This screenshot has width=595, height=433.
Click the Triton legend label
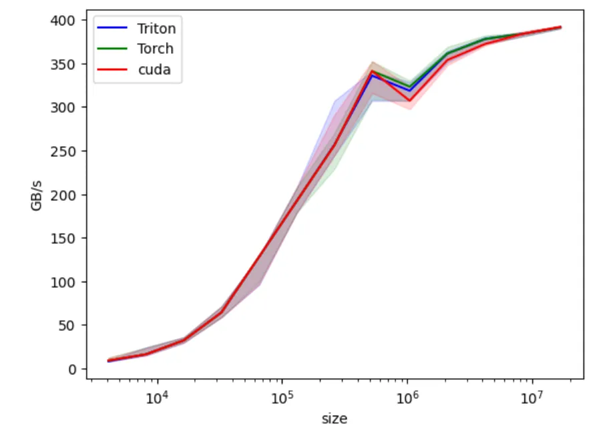[156, 28]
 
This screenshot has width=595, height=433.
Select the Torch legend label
[155, 49]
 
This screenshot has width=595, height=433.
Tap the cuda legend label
[154, 70]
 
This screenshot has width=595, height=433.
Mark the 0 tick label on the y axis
[73, 369]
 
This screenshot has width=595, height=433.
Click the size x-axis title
[334, 419]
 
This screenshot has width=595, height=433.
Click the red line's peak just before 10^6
[372, 71]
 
